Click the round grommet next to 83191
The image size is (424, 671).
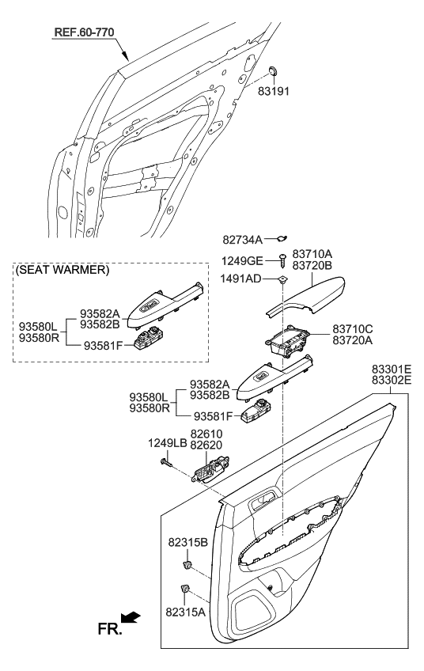pos(273,72)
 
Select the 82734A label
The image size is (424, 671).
pos(242,237)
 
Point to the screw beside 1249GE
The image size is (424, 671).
pos(282,259)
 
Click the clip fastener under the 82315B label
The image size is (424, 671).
pos(188,564)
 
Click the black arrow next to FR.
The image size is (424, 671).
pos(132,616)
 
